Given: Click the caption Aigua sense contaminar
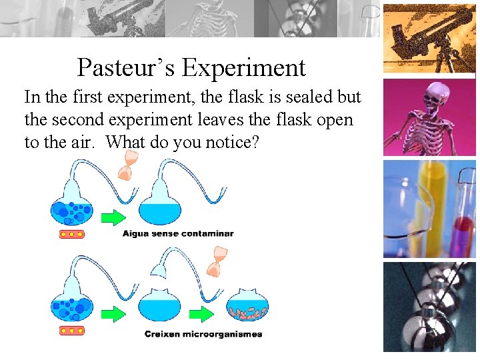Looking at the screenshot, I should pos(178,233).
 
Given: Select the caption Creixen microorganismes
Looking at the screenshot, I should pos(203,334).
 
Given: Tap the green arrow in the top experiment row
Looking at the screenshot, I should pos(114,217).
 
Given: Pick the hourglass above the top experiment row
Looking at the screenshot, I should pos(125,166).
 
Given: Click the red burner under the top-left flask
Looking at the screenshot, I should pos(71,233).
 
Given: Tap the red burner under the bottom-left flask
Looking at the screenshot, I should pos(71,331).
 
